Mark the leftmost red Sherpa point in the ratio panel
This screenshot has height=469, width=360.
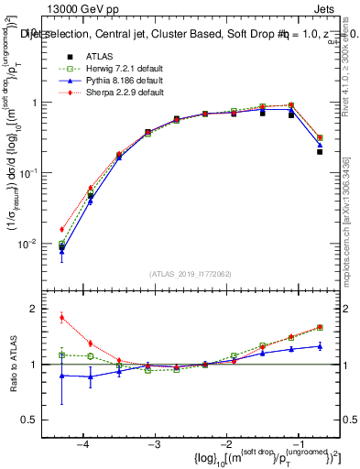(61, 318)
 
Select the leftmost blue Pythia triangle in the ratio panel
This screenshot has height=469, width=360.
(61, 376)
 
